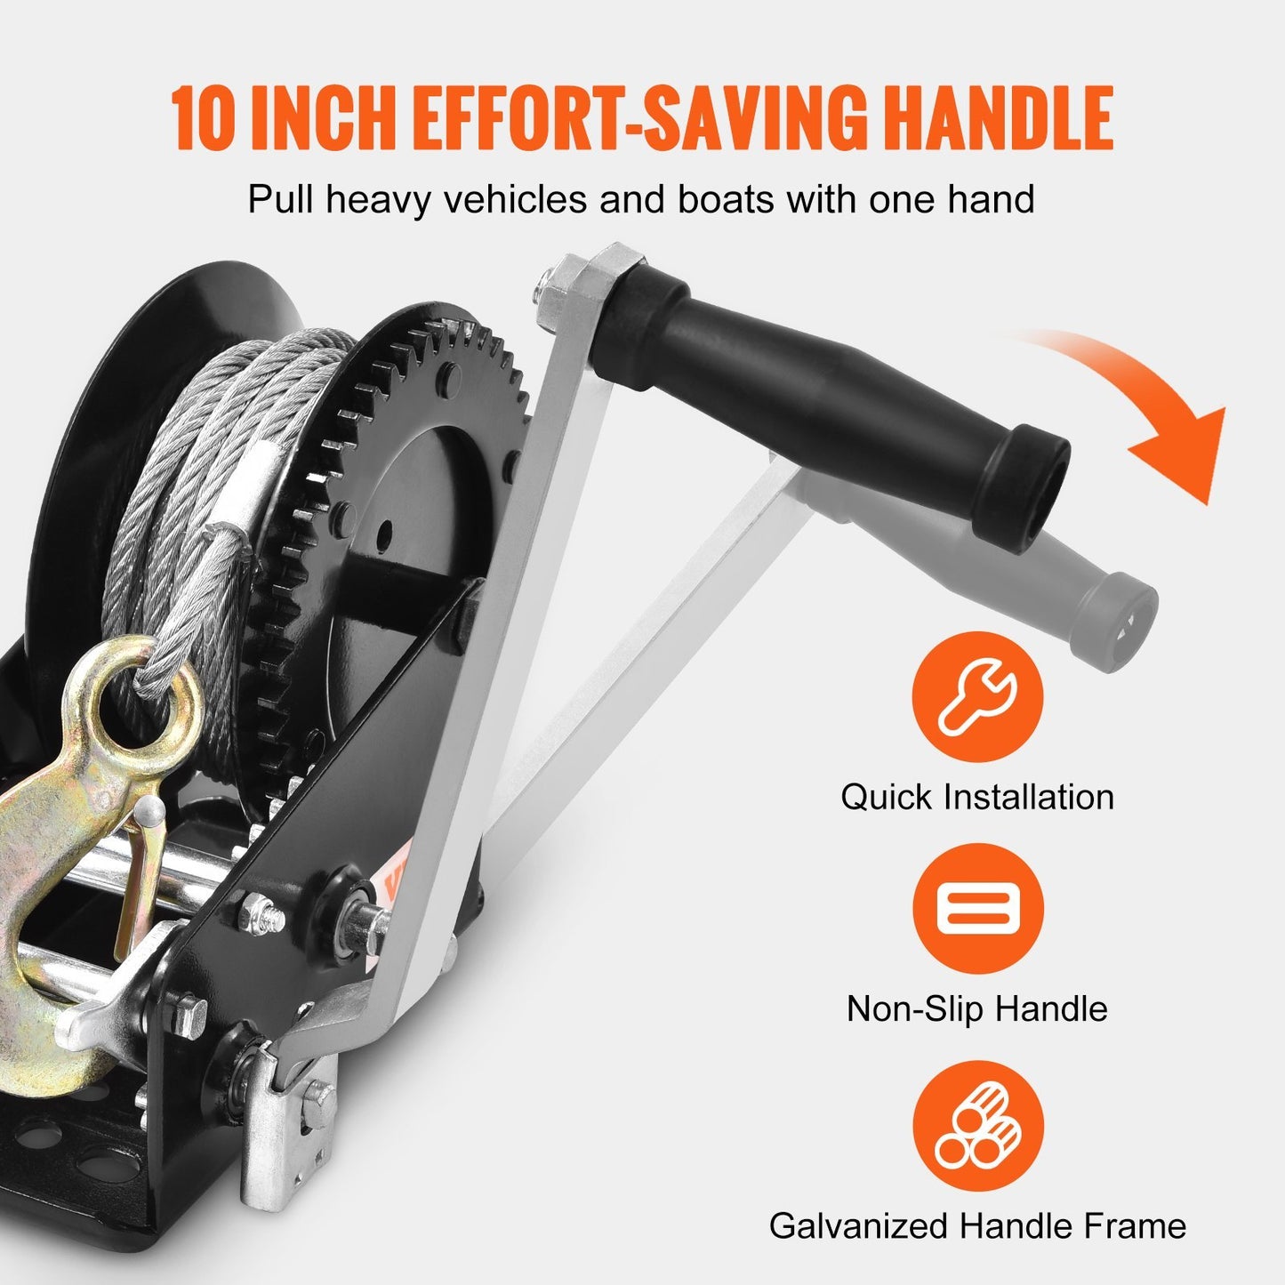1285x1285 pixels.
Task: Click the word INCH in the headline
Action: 320,117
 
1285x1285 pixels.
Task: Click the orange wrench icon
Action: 977,697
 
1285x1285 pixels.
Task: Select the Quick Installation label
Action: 977,797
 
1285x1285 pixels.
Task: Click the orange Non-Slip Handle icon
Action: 977,909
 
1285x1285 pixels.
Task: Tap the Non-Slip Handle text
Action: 977,1008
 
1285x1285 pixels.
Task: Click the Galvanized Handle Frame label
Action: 977,1225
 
